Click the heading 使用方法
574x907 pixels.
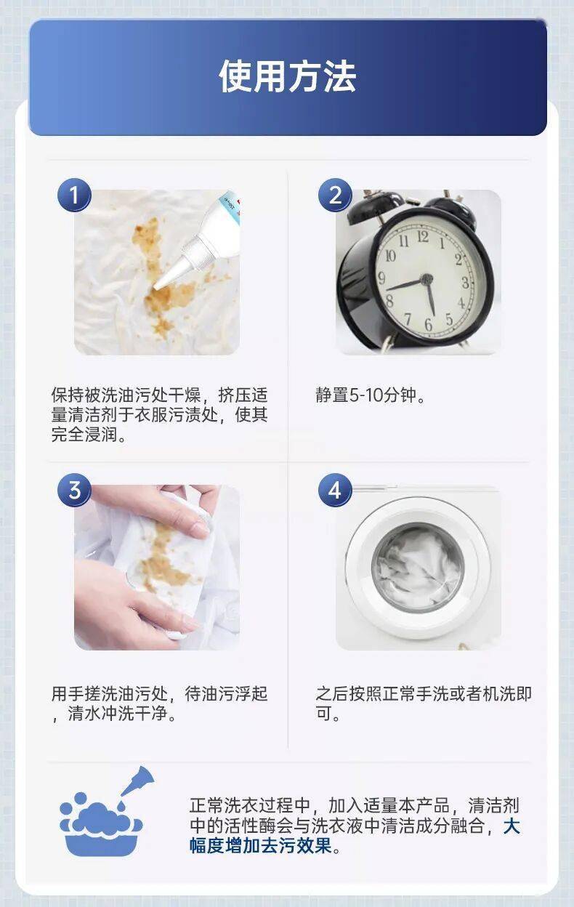click(x=287, y=77)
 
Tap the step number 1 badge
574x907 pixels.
click(x=74, y=195)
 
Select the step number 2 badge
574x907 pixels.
click(x=335, y=195)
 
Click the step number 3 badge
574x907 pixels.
click(x=74, y=491)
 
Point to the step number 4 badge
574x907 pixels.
click(x=335, y=491)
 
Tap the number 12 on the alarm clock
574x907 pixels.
click(x=422, y=237)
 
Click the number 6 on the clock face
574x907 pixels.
click(x=428, y=323)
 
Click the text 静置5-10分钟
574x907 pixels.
click(x=371, y=396)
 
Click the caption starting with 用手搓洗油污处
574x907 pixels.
click(x=159, y=704)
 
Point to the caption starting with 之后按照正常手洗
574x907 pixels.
click(x=423, y=704)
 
